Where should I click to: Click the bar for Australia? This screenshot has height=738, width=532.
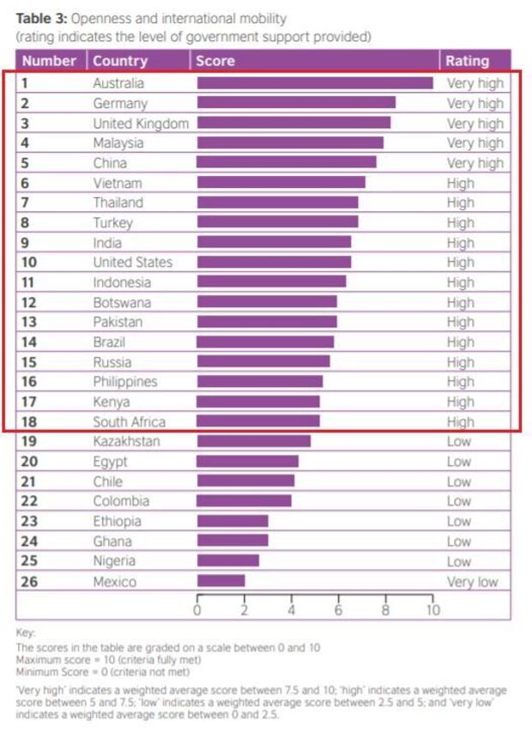314,83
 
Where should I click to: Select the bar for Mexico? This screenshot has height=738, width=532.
221,581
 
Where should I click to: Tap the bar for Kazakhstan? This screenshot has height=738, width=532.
253,441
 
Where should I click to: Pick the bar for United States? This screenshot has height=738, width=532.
274,262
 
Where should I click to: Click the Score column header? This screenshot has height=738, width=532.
215,61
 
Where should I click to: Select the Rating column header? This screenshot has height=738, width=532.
467,61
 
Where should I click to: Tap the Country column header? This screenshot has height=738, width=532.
119,61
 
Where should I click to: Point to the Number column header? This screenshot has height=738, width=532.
49,61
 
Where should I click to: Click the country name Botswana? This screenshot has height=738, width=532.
122,302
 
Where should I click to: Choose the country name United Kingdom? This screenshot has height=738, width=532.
140,123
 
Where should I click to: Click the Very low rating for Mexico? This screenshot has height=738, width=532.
472,581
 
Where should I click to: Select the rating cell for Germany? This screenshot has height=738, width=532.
475,103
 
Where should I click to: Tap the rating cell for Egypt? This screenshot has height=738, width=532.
458,462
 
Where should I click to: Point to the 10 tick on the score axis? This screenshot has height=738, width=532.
432,610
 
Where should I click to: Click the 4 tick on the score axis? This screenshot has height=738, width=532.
292,610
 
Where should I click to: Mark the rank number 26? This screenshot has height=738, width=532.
28,581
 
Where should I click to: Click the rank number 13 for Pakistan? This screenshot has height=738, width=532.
27,322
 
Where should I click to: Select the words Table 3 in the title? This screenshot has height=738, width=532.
39,18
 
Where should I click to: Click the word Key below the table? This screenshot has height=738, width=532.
26,632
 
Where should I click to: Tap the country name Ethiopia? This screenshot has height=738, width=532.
118,521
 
